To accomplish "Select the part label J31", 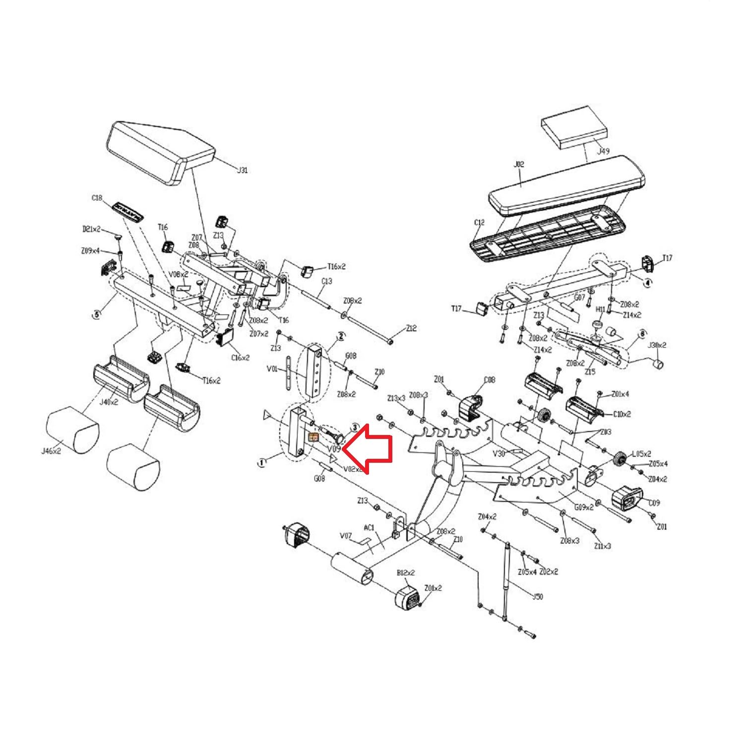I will [x=242, y=170].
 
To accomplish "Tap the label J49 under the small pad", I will [x=603, y=151].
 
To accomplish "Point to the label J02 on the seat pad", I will [x=519, y=164].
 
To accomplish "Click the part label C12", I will [x=479, y=223].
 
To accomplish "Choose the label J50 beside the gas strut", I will [x=537, y=597].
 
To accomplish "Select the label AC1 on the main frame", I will [x=369, y=528].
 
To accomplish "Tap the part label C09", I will [x=654, y=502].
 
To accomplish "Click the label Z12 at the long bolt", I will [x=411, y=328].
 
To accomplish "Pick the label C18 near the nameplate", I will [x=97, y=198].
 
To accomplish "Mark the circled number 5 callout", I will [x=96, y=314].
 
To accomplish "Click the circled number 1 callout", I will [x=261, y=462].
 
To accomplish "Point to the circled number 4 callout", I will [x=647, y=283].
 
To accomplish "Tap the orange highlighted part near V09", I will [x=313, y=437].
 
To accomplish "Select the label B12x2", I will [x=405, y=573].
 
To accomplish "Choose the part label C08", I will [x=489, y=380].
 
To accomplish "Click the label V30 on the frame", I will [x=499, y=453].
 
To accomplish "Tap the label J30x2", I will [x=657, y=345].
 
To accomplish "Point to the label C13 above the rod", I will [x=326, y=281].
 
